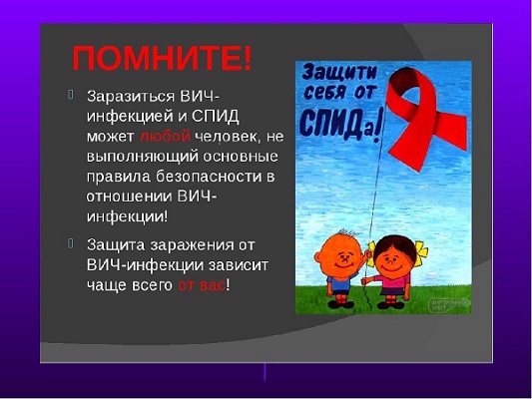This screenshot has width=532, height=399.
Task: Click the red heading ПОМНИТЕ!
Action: click(x=163, y=58)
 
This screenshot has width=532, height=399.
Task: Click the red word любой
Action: click(x=165, y=137)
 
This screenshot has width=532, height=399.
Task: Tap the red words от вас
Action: click(x=202, y=285)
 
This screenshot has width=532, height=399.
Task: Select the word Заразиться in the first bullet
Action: click(x=131, y=97)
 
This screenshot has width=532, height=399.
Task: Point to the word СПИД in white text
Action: click(x=216, y=117)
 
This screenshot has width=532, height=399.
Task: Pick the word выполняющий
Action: click(x=143, y=157)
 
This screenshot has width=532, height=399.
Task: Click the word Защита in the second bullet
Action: click(x=116, y=245)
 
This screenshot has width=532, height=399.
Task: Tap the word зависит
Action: click(x=239, y=265)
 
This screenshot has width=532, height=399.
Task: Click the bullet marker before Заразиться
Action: click(x=71, y=95)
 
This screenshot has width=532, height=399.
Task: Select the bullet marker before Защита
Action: click(x=71, y=243)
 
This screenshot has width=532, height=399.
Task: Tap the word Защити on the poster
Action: click(x=339, y=72)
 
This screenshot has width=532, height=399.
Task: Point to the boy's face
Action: click(x=341, y=257)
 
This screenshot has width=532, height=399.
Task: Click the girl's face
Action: click(x=393, y=258)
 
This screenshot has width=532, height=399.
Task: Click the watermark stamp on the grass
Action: click(x=449, y=304)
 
